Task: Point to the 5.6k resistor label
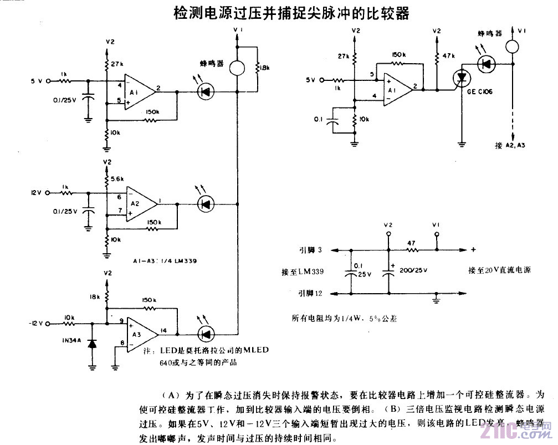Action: [x=117, y=179]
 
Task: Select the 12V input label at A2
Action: [x=37, y=193]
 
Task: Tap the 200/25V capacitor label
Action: [x=412, y=269]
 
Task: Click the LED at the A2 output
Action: [x=205, y=204]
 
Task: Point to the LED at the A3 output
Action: [x=206, y=333]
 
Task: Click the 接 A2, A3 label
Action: [x=510, y=145]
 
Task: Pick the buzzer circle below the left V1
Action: [x=237, y=68]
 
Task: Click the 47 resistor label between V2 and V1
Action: [x=411, y=242]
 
